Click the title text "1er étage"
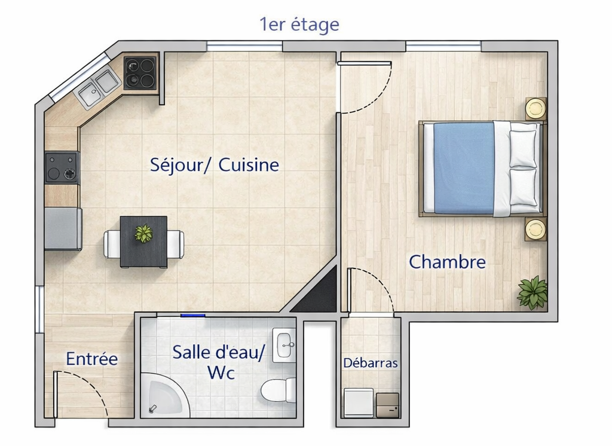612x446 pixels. (299, 25)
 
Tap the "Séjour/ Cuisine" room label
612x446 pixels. (215, 165)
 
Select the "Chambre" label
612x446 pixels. (447, 262)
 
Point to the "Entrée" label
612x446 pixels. (91, 359)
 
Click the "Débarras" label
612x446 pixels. (371, 363)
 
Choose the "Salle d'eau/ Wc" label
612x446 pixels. (219, 362)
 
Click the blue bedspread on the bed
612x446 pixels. (464, 169)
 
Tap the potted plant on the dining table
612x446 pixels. (143, 234)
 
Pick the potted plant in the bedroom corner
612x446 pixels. (533, 292)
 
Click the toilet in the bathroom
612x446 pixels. (279, 390)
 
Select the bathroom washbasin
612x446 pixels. (284, 345)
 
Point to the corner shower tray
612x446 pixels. (164, 395)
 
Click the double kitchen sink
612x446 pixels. (99, 87)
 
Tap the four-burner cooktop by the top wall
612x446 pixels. (140, 73)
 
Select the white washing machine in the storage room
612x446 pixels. (359, 402)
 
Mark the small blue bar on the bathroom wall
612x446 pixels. (193, 315)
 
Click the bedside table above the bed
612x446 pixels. (535, 108)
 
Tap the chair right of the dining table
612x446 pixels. (176, 245)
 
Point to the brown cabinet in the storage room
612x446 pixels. (387, 405)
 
